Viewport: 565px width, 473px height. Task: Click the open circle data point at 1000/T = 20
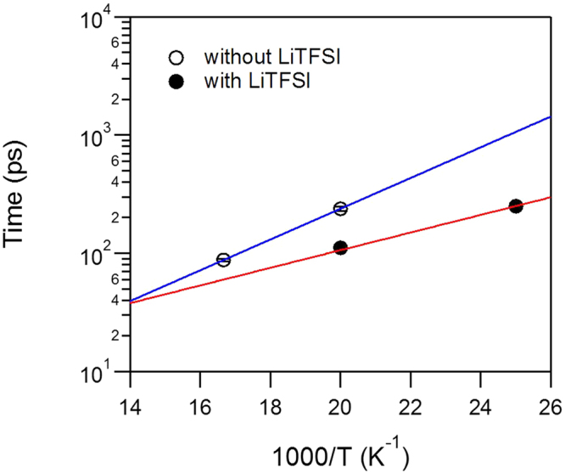tap(340, 209)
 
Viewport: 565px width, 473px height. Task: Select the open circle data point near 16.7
tap(223, 260)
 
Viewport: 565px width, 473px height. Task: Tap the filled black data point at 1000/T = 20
tap(340, 248)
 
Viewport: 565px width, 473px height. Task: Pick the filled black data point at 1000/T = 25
tap(515, 206)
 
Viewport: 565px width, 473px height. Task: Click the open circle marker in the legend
tap(176, 59)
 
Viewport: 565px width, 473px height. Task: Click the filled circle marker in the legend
tap(176, 82)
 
